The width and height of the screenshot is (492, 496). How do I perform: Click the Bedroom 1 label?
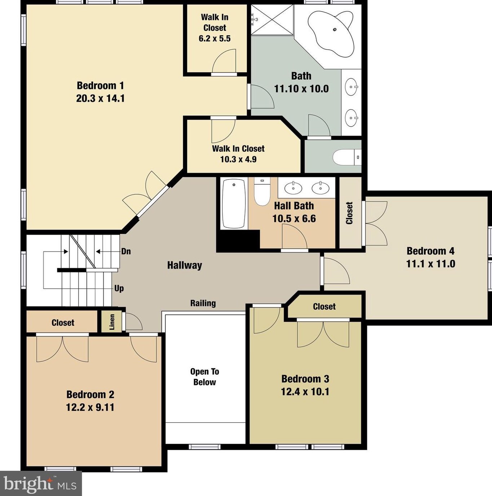(x=100, y=85)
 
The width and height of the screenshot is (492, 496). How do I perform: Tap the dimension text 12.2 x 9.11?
(x=90, y=407)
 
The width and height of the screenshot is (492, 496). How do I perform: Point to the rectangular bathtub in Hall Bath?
(x=234, y=204)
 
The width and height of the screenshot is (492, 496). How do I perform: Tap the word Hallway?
(x=185, y=265)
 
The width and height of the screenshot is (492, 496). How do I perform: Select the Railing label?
(x=203, y=303)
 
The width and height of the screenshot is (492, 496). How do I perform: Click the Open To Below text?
(x=204, y=377)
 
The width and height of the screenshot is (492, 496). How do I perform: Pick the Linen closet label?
(x=112, y=322)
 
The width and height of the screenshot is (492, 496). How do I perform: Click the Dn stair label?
(x=126, y=251)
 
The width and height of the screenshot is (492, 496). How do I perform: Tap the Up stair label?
(x=119, y=288)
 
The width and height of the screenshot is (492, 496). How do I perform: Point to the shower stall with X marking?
(x=272, y=20)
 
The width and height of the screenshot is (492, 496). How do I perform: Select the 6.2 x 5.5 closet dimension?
(x=214, y=38)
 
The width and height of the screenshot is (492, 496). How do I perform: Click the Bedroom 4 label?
(x=430, y=251)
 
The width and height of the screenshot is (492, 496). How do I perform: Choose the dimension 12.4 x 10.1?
(x=305, y=392)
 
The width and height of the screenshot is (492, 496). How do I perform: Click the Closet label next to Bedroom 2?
(x=63, y=323)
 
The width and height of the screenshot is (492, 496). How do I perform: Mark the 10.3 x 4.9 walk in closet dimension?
(x=238, y=159)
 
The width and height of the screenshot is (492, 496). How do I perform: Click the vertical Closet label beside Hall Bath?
(x=349, y=213)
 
